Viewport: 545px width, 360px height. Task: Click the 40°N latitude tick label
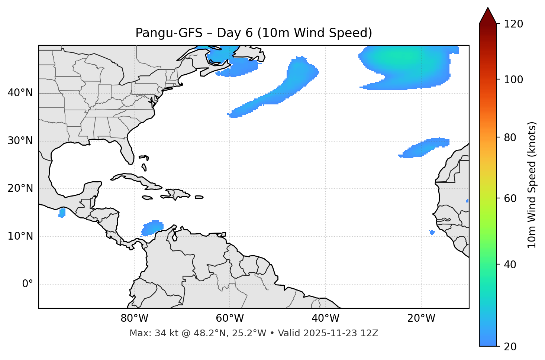20,93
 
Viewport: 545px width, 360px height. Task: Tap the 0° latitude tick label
28,284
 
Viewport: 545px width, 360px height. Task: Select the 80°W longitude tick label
134,318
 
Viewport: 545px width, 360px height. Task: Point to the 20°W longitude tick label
421,318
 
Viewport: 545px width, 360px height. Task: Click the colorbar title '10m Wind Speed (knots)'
532,185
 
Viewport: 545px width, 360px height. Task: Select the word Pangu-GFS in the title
169,33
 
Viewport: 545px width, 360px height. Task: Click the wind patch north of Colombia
153,227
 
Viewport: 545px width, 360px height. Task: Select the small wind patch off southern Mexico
62,213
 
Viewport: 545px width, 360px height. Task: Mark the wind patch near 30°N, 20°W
426,147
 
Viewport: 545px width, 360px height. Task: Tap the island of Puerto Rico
199,197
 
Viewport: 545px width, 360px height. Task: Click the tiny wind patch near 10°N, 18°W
432,232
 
